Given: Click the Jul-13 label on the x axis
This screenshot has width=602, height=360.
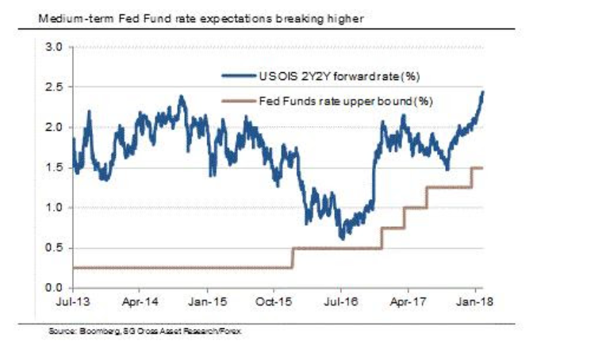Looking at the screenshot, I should click(73, 302).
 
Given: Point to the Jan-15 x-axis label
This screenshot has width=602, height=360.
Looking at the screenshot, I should click(207, 302).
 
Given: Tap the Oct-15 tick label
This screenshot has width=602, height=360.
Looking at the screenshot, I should click(274, 302).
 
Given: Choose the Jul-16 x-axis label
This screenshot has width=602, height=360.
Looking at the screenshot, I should click(341, 302).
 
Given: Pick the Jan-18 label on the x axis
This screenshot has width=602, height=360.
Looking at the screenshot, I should click(474, 302).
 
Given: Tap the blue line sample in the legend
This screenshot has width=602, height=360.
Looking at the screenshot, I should click(238, 78).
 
